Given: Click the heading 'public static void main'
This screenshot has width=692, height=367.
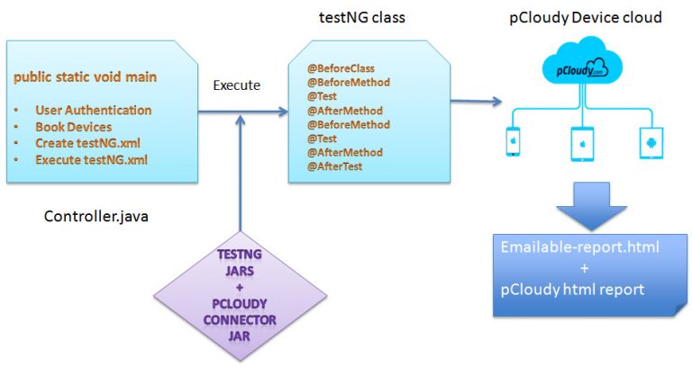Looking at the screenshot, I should pos(85,77).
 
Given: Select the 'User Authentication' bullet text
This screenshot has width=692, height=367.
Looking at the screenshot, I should pos(94,110).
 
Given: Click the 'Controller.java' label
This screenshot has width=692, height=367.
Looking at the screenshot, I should pos(95,217).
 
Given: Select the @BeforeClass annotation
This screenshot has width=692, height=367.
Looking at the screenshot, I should pos(341,67).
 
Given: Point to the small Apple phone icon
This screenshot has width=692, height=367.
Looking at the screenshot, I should pos(513,141).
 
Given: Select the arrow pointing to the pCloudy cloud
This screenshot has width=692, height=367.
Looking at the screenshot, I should pos(477,101).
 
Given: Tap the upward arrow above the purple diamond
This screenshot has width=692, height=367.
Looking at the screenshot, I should pos(240,180).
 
